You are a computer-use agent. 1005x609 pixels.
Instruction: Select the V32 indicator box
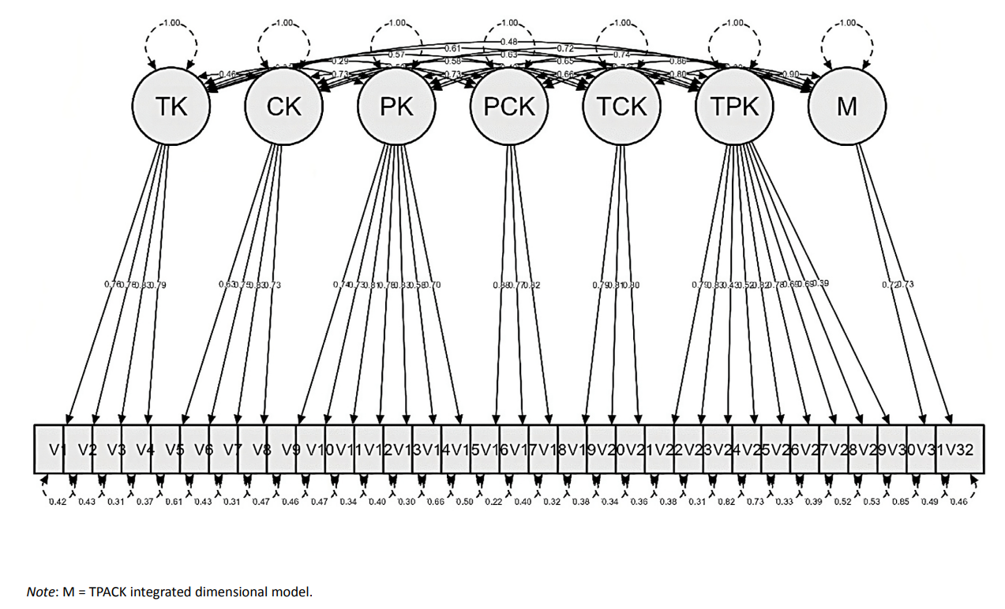pyautogui.click(x=959, y=450)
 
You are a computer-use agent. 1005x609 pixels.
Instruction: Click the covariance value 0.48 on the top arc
pyautogui.click(x=509, y=40)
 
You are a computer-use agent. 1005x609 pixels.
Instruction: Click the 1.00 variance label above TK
pyautogui.click(x=171, y=22)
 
